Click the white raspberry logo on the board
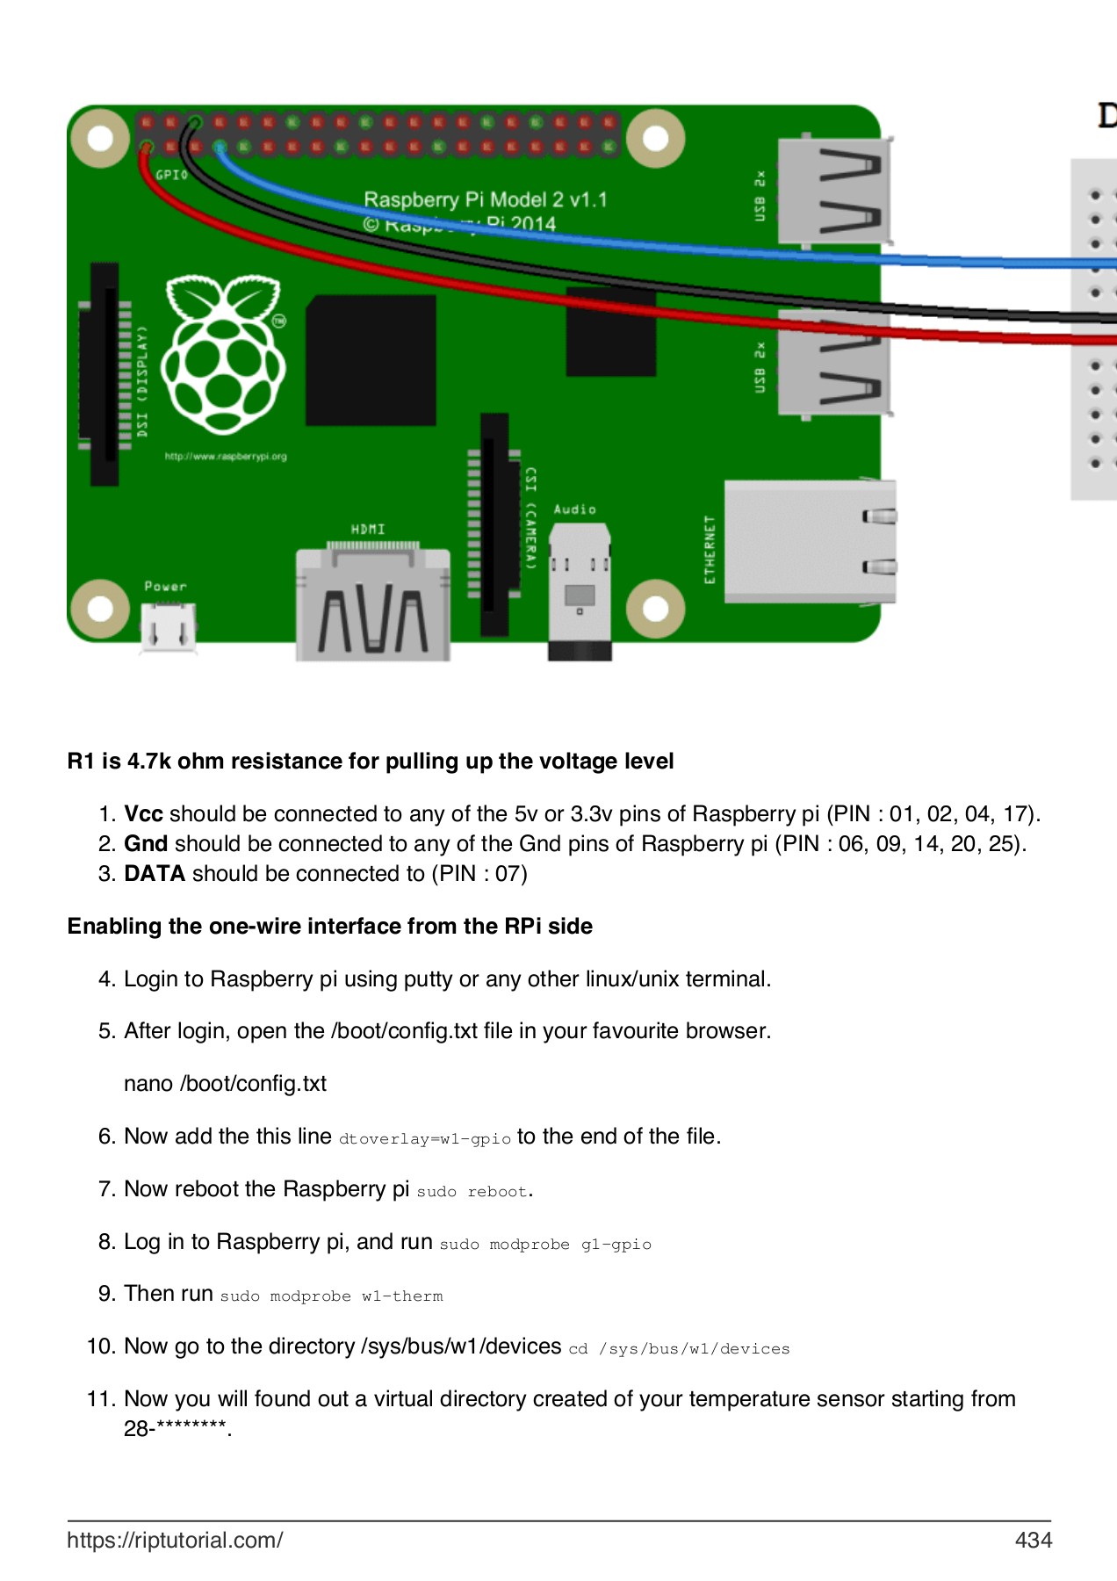click(224, 356)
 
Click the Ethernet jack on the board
click(808, 542)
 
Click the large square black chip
click(371, 361)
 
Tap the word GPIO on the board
click(171, 175)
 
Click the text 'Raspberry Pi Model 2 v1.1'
click(486, 199)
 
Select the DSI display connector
click(104, 373)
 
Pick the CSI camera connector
click(494, 524)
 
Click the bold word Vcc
click(143, 814)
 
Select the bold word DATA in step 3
click(155, 874)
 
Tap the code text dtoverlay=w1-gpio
click(424, 1139)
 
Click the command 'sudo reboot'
click(472, 1192)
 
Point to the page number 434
click(1033, 1540)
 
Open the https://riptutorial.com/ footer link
click(175, 1540)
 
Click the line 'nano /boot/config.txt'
click(225, 1084)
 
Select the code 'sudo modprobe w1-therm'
click(331, 1296)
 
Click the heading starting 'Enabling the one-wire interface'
click(329, 927)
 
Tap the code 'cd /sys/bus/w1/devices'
click(679, 1349)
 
